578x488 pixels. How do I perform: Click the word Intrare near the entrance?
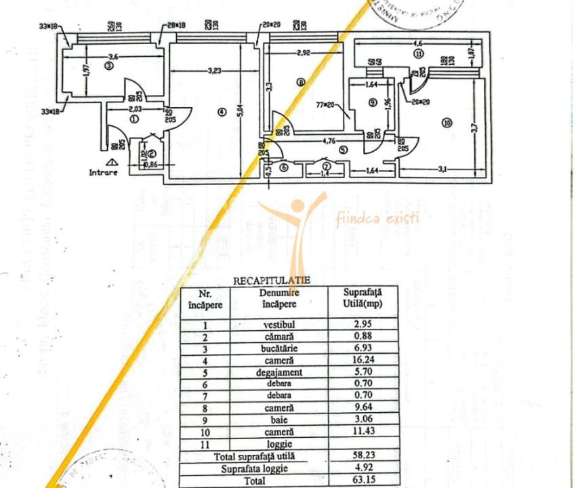104,172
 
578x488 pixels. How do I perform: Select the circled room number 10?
446,123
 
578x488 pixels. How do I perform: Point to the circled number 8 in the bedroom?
301,83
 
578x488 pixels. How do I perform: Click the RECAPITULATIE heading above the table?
272,279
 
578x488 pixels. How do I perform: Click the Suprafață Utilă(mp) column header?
362,298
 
